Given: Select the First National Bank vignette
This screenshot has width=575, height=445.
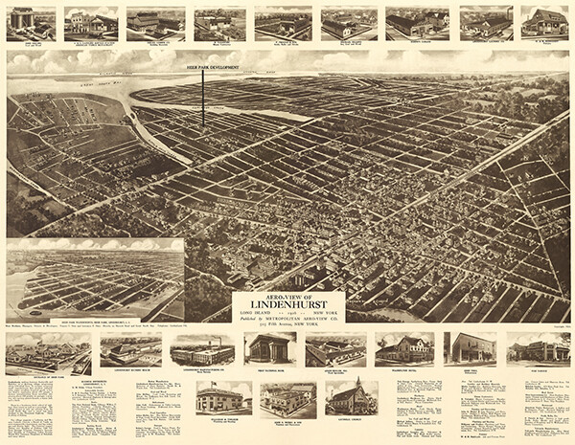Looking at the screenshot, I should pyautogui.click(x=270, y=348).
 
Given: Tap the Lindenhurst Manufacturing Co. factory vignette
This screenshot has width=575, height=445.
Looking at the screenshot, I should pyautogui.click(x=202, y=350).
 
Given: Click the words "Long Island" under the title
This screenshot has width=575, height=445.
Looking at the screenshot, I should pyautogui.click(x=254, y=314).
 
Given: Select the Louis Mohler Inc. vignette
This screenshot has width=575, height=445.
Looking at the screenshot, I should pyautogui.click(x=335, y=349).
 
